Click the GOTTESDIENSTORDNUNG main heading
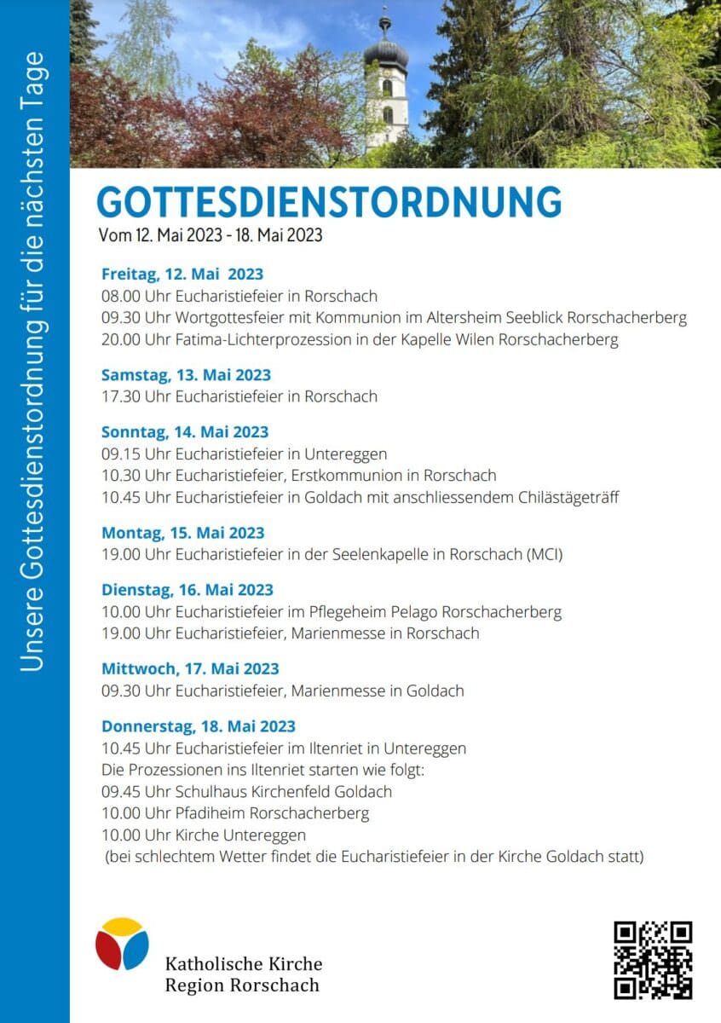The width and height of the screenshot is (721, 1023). coord(329,202)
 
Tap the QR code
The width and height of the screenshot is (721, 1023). coord(652,959)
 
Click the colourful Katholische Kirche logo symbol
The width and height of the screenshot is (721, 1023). coord(122,944)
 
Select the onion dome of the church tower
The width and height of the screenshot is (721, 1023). coord(385,53)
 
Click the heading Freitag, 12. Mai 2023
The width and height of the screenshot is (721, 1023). coord(182,275)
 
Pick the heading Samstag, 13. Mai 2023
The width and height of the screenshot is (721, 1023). coord(186,375)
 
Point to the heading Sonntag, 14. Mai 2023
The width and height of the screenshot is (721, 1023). coord(185,432)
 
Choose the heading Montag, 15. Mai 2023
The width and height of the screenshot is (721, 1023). coord(183,533)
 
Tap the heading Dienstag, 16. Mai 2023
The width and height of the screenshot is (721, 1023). coord(187,590)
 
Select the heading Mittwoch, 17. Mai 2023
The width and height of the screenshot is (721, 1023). coord(190,669)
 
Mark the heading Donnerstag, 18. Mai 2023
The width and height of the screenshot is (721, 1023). coord(199,726)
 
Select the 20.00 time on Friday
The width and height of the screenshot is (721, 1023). coord(121,340)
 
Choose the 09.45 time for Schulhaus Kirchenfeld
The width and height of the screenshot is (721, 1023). coord(121,791)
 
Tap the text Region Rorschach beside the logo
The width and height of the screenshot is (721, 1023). coord(242,985)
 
